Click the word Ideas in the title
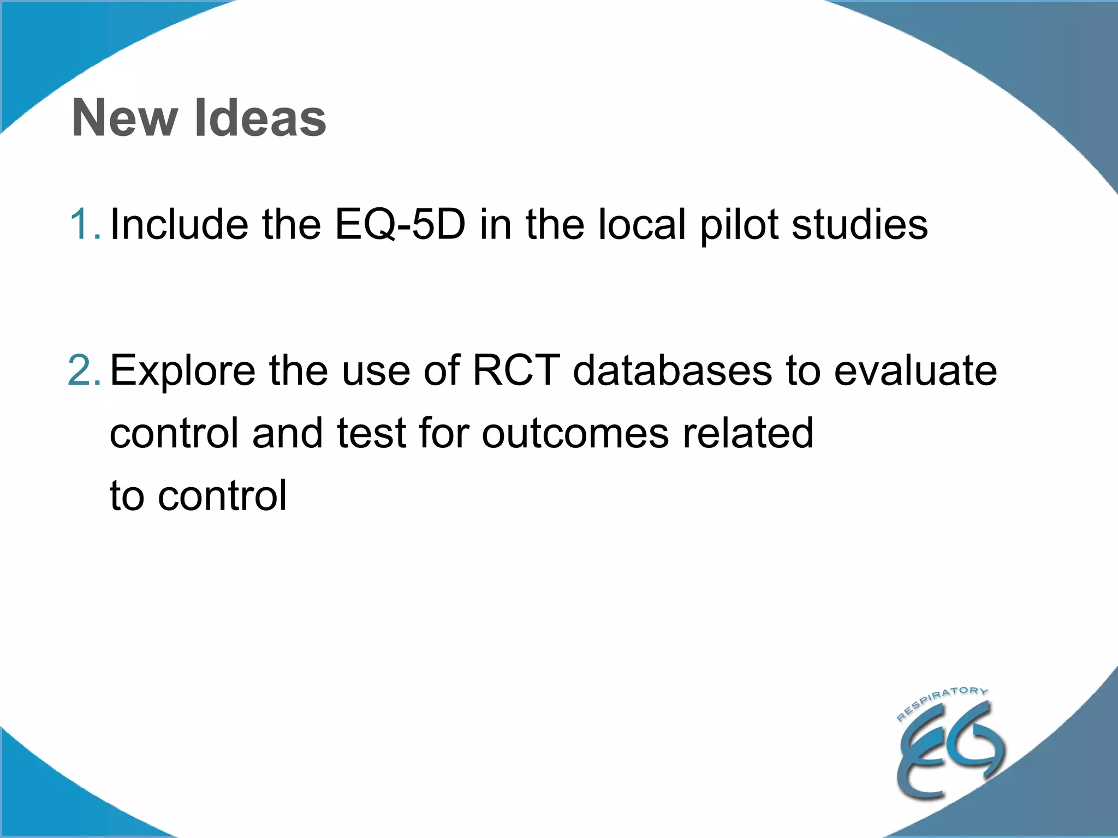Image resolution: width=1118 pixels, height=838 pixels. click(260, 118)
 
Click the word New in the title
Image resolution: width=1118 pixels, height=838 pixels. click(125, 118)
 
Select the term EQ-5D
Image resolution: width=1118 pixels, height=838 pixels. click(400, 224)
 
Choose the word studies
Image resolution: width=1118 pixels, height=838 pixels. click(860, 224)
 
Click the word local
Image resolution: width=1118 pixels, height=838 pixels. click(642, 224)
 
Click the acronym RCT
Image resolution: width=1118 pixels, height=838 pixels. click(516, 370)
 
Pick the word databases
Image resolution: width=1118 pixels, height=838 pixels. click(673, 370)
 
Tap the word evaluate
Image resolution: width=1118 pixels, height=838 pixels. click(915, 370)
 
